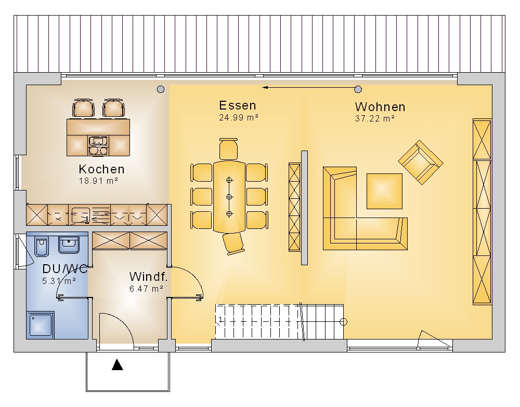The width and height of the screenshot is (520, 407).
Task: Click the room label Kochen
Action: [x=101, y=169]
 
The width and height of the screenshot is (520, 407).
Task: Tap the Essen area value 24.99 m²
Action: [x=239, y=117]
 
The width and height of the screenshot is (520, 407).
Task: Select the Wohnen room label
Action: [x=380, y=106]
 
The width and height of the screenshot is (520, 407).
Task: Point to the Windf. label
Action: [x=148, y=277]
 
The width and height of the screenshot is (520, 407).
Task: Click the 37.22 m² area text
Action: [x=375, y=118]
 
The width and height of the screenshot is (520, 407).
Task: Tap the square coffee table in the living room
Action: [x=384, y=191]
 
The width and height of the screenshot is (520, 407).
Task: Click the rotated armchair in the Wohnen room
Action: [x=421, y=162]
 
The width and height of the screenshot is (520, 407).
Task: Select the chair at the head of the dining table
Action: [x=228, y=148]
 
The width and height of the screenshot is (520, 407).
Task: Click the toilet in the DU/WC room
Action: [x=41, y=247]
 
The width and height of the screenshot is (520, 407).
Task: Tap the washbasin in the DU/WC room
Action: [x=69, y=245]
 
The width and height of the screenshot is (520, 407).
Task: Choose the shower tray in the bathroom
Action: [x=41, y=325]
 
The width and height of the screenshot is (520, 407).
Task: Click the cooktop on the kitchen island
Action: [x=98, y=145]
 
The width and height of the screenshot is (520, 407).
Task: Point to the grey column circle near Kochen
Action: [x=161, y=89]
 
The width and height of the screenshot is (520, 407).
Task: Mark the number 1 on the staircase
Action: [x=220, y=320]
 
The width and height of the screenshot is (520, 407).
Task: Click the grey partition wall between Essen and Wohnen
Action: [x=304, y=208]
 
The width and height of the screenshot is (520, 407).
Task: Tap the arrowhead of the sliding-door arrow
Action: [x=265, y=88]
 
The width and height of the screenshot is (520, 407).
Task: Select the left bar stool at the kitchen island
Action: [x=83, y=108]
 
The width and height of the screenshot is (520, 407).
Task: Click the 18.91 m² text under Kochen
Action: [x=98, y=181]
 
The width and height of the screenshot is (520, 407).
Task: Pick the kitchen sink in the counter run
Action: [x=80, y=214]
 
